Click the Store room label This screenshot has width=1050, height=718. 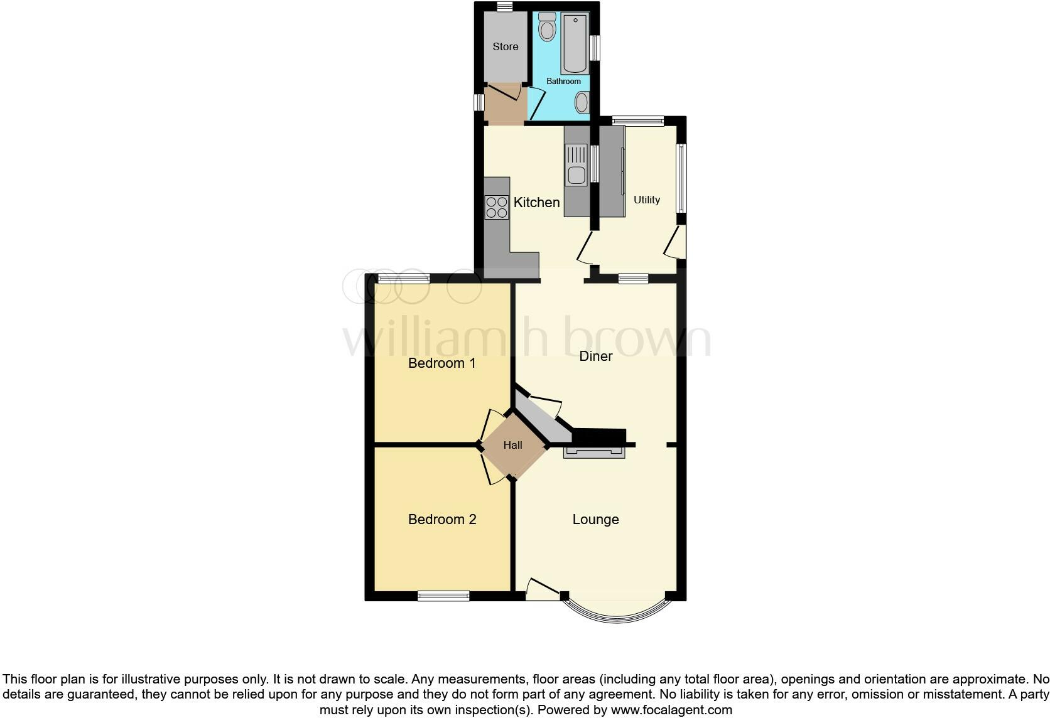(x=505, y=46)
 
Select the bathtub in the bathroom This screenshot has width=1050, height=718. (x=575, y=44)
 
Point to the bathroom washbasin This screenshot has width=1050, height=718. (x=582, y=102)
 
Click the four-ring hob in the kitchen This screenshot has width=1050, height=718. (x=497, y=207)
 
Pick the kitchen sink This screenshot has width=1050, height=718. (x=576, y=165)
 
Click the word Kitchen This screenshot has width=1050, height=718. (x=536, y=202)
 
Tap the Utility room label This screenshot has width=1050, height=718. (x=646, y=200)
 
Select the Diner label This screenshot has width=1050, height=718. (x=595, y=356)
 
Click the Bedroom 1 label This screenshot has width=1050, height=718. (x=441, y=363)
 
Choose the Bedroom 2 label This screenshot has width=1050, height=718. (x=441, y=519)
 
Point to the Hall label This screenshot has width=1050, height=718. (x=512, y=445)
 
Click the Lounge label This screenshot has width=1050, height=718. (x=595, y=519)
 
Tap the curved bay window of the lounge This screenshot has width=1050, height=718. (x=616, y=615)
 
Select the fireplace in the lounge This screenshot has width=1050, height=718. (x=594, y=452)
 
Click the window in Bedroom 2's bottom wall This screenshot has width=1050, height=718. (x=443, y=596)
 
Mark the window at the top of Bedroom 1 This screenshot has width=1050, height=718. (x=404, y=278)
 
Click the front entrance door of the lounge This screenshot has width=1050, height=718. (x=542, y=591)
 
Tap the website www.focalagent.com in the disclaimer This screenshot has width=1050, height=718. (x=671, y=710)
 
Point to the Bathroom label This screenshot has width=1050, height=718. (x=563, y=81)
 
